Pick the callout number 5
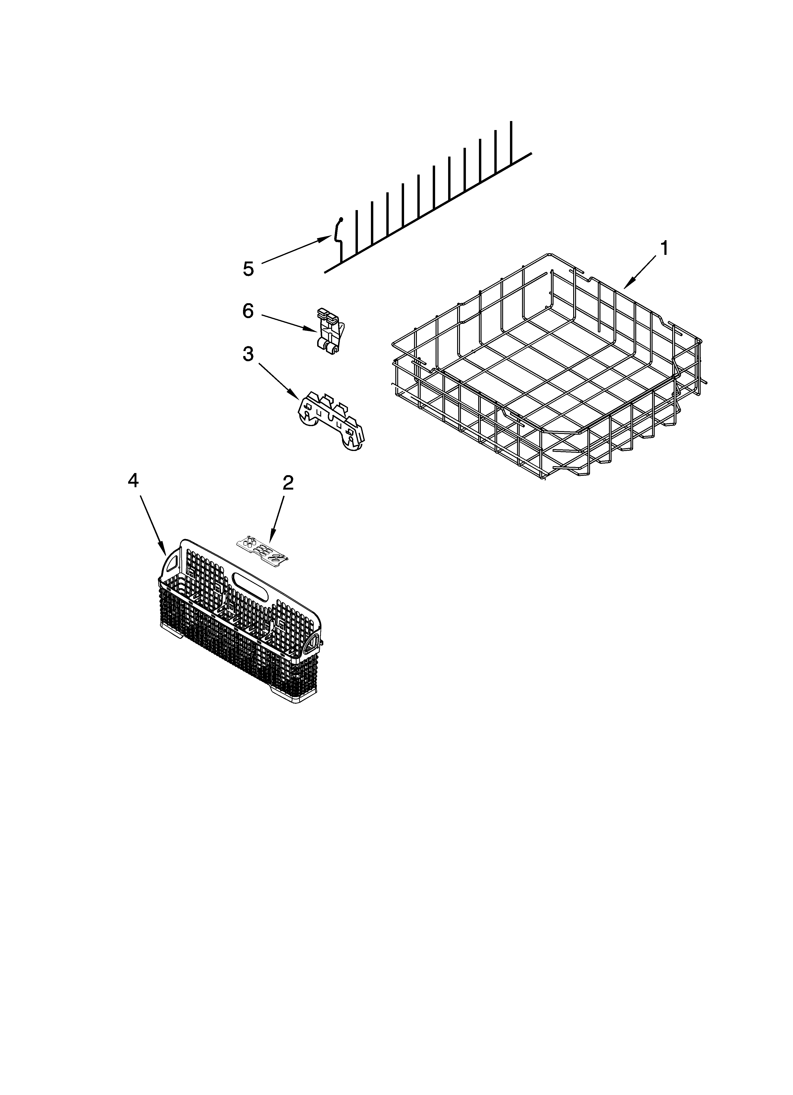248,269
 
